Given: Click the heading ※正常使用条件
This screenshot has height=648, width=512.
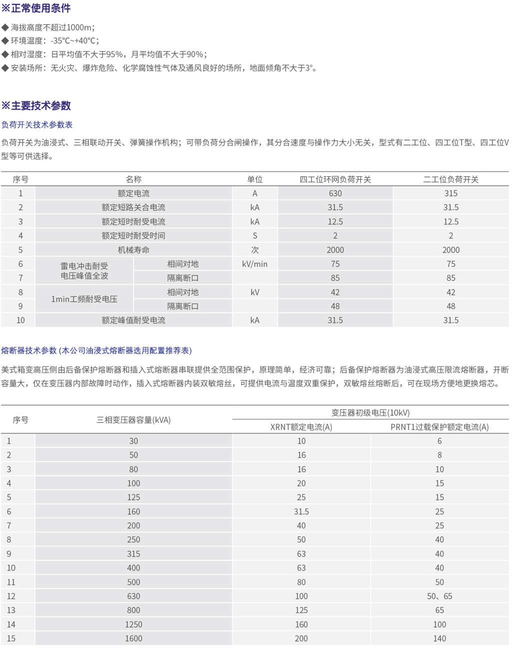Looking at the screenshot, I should pyautogui.click(x=36, y=8).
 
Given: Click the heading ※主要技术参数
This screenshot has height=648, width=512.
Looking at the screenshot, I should pyautogui.click(x=36, y=106).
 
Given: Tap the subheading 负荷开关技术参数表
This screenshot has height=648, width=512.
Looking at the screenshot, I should pyautogui.click(x=37, y=125).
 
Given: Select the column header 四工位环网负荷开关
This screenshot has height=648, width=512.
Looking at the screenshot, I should pyautogui.click(x=335, y=179).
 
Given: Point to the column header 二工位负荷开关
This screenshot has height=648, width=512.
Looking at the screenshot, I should pyautogui.click(x=450, y=179).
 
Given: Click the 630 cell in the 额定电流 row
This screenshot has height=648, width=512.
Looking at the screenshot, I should pyautogui.click(x=335, y=193).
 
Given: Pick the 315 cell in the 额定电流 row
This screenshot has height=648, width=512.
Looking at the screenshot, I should pyautogui.click(x=450, y=193).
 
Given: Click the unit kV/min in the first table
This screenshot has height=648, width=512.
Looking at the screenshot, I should pyautogui.click(x=254, y=264).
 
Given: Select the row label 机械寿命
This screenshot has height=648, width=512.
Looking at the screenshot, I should pyautogui.click(x=133, y=250).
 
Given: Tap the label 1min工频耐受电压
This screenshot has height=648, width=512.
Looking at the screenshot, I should pyautogui.click(x=84, y=299).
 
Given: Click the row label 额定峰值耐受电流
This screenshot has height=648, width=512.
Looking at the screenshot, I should pyautogui.click(x=133, y=320).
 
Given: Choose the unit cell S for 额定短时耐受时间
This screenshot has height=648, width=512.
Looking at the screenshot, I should pyautogui.click(x=254, y=236).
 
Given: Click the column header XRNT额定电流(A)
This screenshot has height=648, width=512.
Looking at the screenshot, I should pyautogui.click(x=301, y=427).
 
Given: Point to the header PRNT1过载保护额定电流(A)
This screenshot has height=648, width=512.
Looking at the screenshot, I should pyautogui.click(x=439, y=427).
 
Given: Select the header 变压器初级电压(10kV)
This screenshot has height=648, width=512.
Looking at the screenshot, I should pyautogui.click(x=370, y=412).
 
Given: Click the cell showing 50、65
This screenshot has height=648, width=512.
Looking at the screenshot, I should pyautogui.click(x=439, y=596).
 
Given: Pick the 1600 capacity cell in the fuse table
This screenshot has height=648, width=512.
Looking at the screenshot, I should pyautogui.click(x=133, y=638).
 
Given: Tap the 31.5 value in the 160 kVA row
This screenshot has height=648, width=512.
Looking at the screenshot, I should pyautogui.click(x=301, y=511).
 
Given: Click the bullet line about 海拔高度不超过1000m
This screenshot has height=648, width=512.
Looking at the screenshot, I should pyautogui.click(x=52, y=28).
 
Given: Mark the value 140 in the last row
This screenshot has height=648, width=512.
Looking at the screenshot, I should pyautogui.click(x=439, y=638).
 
